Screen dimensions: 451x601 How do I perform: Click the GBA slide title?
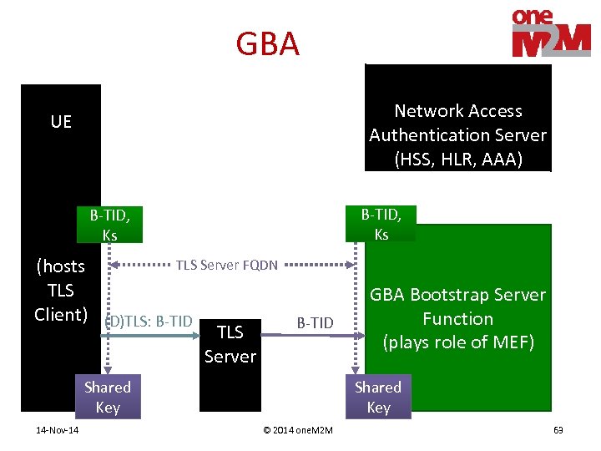point(267,44)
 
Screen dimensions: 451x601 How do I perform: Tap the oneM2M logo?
point(551,33)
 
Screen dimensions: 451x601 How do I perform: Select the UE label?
point(61,122)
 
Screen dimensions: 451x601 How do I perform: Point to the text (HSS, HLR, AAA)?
point(458,159)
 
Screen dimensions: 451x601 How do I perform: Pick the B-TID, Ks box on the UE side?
point(109,225)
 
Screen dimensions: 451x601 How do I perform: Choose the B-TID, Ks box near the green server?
point(381,224)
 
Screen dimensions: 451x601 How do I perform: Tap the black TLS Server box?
point(230,343)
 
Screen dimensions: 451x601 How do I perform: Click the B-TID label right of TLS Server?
point(315,323)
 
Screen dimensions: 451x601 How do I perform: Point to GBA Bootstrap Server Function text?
point(457,307)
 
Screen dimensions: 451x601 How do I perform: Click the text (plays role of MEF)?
point(457,342)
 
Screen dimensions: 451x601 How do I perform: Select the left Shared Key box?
point(108,398)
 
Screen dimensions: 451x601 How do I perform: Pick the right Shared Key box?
point(378,398)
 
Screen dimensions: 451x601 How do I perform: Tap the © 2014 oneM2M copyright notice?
point(297,430)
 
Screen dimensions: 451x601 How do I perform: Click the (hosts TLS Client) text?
point(61,290)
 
